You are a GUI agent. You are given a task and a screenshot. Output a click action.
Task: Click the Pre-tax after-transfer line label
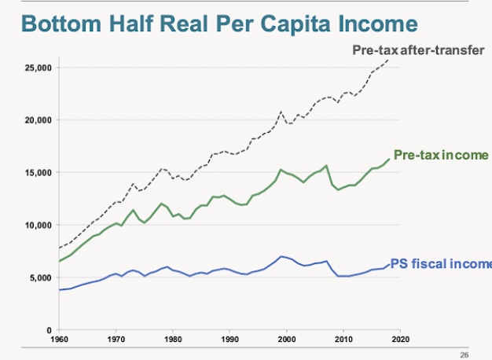point(418,52)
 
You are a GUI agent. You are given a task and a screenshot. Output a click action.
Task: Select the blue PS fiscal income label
point(441,263)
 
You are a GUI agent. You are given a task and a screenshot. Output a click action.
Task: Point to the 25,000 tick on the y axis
point(37,68)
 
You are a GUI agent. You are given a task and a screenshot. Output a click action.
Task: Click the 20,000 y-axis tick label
point(37,120)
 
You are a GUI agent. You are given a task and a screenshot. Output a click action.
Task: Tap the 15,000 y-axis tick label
point(37,172)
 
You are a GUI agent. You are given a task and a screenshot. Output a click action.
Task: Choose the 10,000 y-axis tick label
point(37,225)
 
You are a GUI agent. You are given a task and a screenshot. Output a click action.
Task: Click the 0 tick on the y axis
point(49,329)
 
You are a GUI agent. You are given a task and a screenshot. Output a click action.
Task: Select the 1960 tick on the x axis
point(59,340)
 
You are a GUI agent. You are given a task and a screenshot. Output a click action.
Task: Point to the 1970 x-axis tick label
point(116,340)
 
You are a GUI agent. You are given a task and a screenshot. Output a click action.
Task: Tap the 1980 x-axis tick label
point(173,340)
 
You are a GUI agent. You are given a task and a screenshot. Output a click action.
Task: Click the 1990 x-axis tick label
point(229,340)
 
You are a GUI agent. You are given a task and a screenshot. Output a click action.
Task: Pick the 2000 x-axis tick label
point(287,340)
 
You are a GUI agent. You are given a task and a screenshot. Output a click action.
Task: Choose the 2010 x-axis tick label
point(343,340)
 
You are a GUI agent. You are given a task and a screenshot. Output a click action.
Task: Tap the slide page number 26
point(464,355)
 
